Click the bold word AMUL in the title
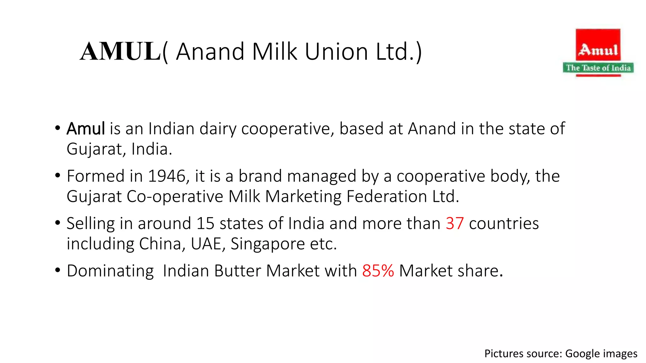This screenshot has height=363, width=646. pyautogui.click(x=120, y=51)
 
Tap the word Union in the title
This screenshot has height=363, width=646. pyautogui.click(x=336, y=51)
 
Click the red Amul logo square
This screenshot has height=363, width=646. pyautogui.click(x=598, y=45)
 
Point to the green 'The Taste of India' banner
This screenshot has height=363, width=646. pyautogui.click(x=598, y=68)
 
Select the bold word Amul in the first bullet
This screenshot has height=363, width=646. pyautogui.click(x=85, y=129)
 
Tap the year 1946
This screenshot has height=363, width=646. pyautogui.click(x=167, y=176)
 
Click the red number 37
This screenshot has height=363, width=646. pyautogui.click(x=455, y=224)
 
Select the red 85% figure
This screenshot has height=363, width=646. pyautogui.click(x=378, y=271)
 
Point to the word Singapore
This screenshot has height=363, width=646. pyautogui.click(x=267, y=244)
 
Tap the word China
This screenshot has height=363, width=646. pyautogui.click(x=160, y=244)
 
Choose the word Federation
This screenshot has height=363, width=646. pyautogui.click(x=387, y=197)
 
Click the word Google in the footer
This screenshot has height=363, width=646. pyautogui.click(x=581, y=354)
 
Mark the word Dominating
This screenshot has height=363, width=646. pyautogui.click(x=110, y=271)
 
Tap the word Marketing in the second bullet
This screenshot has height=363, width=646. pyautogui.click(x=303, y=197)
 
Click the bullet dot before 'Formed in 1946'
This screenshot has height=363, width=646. pyautogui.click(x=57, y=175)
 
